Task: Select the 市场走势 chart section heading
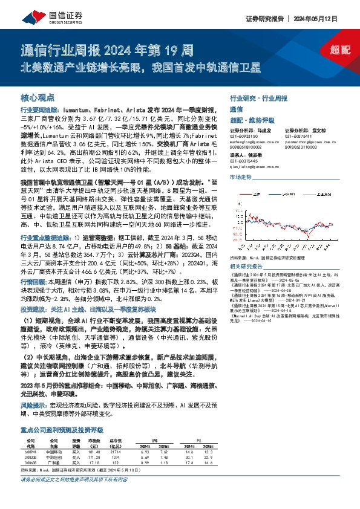tap(240, 177)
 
